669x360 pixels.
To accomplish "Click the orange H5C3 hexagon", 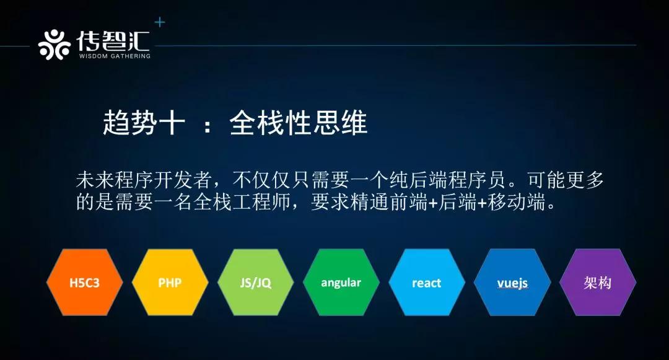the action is [84, 283].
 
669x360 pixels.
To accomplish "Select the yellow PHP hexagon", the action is [170, 283].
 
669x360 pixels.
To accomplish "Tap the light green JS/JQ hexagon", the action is [256, 283].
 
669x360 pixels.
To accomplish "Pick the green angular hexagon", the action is [341, 283].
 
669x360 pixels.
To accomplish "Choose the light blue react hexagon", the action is [427, 283].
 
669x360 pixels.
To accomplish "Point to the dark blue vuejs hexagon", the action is [512, 283].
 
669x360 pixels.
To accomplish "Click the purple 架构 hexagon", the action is [598, 283].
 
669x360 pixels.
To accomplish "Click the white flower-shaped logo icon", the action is [54, 45].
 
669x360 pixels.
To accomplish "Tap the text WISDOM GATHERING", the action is [115, 56].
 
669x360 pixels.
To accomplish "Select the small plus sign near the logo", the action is [160, 22].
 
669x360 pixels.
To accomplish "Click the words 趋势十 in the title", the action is [144, 123].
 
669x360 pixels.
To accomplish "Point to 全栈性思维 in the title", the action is [298, 123].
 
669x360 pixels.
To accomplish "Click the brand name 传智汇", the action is [113, 41].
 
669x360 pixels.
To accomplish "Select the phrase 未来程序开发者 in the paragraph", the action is [144, 180].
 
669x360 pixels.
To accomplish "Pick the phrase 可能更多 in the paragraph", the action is [566, 180].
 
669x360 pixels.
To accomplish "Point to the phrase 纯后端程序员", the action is [447, 180].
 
